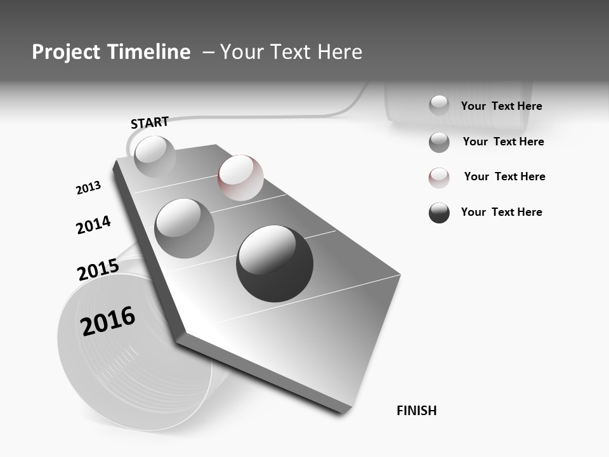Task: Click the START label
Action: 150,123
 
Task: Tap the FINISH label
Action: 417,411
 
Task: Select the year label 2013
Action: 88,188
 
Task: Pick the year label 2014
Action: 93,225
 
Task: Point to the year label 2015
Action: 98,270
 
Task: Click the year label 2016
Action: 108,321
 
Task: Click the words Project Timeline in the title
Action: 111,52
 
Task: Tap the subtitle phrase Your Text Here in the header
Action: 291,52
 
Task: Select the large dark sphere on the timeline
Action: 275,263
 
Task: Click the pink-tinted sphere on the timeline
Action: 240,177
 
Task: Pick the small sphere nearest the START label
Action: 155,156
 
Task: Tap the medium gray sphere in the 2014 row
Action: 185,228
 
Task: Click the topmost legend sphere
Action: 439,105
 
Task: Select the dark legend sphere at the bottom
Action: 439,213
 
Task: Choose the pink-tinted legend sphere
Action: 439,178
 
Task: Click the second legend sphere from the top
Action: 439,142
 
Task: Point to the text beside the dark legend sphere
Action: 501,212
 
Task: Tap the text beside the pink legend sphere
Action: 504,176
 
